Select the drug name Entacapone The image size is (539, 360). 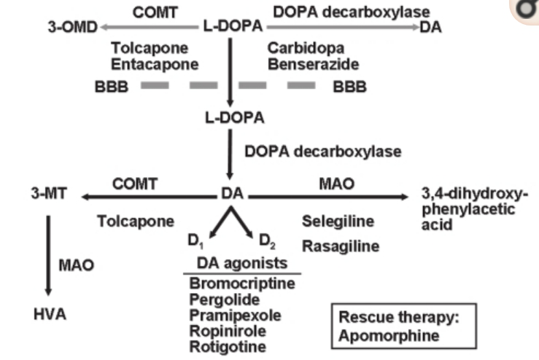tap(155, 64)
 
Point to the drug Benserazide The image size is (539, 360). tap(313, 64)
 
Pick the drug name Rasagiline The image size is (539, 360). tap(341, 246)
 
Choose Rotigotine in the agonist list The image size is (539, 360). tap(229, 346)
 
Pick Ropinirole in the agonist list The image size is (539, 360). tap(228, 331)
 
